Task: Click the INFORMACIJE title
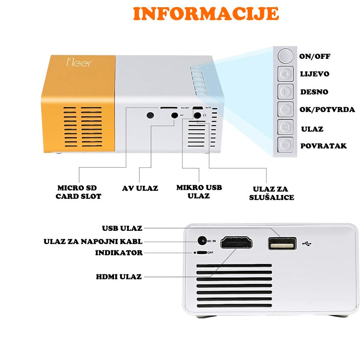point(206,14)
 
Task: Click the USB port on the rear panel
point(282,243)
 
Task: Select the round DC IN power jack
point(203,241)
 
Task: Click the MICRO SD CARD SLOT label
point(78,192)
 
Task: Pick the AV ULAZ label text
point(140,188)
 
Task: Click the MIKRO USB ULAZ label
point(199,192)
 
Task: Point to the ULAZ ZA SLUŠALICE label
point(271,193)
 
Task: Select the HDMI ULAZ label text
point(119,276)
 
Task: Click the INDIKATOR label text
point(119,253)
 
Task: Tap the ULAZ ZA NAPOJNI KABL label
point(93,242)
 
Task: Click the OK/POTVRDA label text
point(327,109)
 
